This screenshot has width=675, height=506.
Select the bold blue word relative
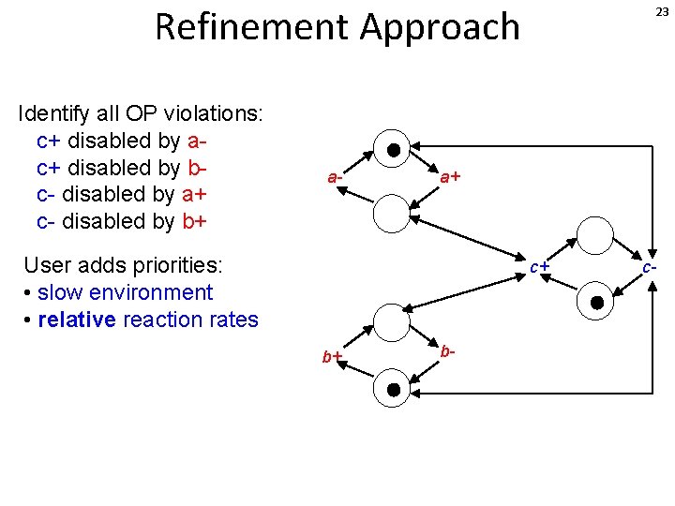coord(77,320)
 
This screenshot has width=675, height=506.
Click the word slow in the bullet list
coord(58,292)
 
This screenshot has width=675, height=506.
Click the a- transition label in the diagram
coord(336,176)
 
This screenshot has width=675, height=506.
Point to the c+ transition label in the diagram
coord(539,267)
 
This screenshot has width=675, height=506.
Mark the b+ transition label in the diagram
coord(332,357)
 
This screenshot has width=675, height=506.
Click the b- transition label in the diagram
coord(448,351)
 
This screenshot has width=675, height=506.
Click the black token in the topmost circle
coord(394,149)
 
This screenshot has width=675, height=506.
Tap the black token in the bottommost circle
coord(394,389)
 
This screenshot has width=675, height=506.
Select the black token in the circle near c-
coord(596,302)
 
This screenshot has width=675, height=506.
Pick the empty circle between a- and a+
coord(392,213)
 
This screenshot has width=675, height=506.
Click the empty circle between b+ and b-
coord(392,321)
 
